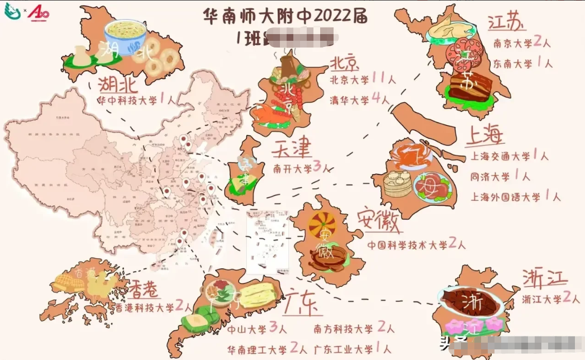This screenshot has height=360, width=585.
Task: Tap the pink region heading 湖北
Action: pos(119,86)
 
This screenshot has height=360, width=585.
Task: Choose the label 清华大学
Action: pos(349,100)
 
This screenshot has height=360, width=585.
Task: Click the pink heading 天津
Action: pos(292,149)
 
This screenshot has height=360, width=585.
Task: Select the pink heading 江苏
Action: pos(506,23)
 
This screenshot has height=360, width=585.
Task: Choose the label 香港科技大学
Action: pos(144,307)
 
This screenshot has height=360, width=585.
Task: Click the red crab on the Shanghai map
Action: pos(411,157)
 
